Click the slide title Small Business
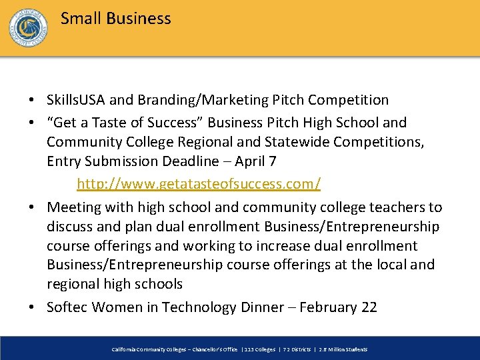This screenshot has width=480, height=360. click(115, 19)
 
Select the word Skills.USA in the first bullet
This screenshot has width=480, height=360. click(76, 100)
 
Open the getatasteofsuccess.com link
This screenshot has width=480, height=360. click(199, 183)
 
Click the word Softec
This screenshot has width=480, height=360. click(67, 307)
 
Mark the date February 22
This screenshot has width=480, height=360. click(338, 307)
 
